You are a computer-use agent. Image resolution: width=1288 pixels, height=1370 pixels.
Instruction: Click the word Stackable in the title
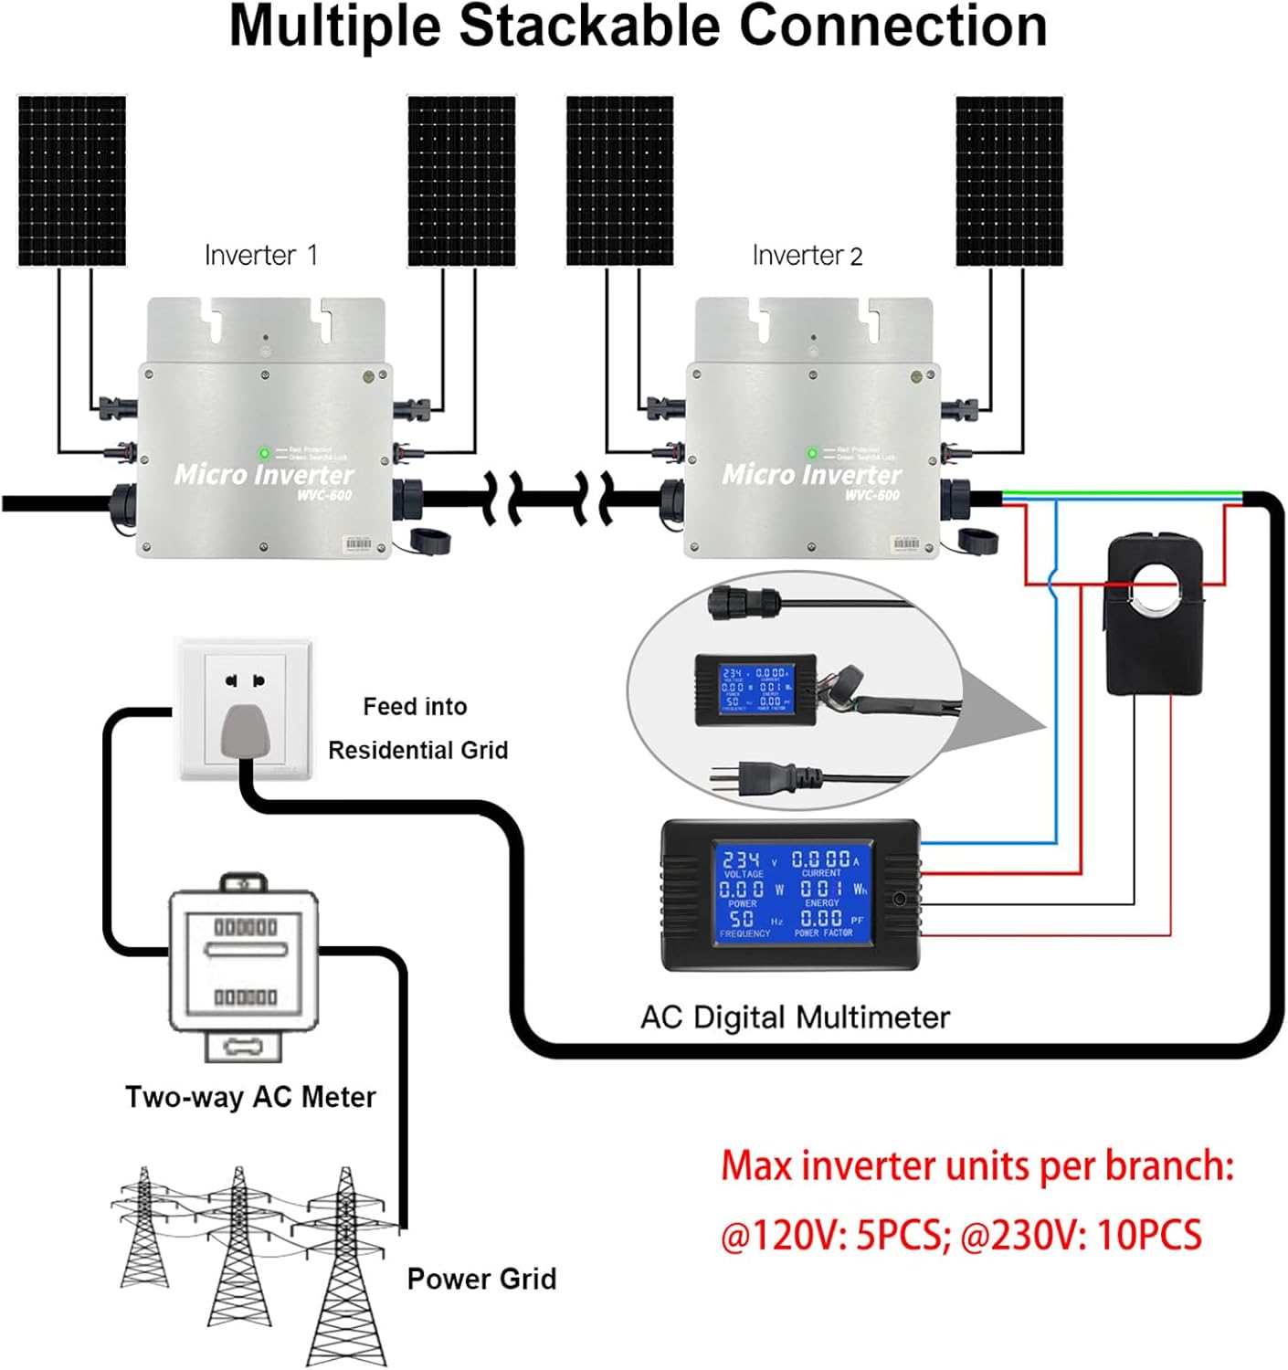590,26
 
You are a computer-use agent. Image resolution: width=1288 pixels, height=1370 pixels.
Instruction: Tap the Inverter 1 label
261,255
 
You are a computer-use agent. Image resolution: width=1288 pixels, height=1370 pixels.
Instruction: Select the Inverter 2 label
808,256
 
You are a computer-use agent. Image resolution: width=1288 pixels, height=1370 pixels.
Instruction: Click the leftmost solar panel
72,181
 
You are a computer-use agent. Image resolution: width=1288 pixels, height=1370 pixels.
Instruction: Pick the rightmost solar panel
1008,181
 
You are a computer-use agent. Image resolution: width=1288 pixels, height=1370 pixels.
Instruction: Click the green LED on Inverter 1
264,453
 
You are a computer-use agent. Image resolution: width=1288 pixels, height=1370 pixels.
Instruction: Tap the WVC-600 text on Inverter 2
871,495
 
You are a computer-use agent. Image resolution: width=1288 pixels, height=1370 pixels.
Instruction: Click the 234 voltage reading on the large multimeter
741,859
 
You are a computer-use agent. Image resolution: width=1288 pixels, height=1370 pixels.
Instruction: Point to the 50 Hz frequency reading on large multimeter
742,919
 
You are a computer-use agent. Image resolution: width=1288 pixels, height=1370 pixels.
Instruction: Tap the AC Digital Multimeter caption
795,1017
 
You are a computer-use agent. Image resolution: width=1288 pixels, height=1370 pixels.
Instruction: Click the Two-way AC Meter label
250,1097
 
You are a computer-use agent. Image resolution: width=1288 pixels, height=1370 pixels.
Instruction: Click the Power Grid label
481,1279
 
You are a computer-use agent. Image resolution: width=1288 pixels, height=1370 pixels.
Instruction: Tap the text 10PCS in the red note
1149,1236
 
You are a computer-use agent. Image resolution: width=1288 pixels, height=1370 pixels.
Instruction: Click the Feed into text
415,707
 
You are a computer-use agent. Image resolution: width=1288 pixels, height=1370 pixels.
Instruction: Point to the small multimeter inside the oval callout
755,690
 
